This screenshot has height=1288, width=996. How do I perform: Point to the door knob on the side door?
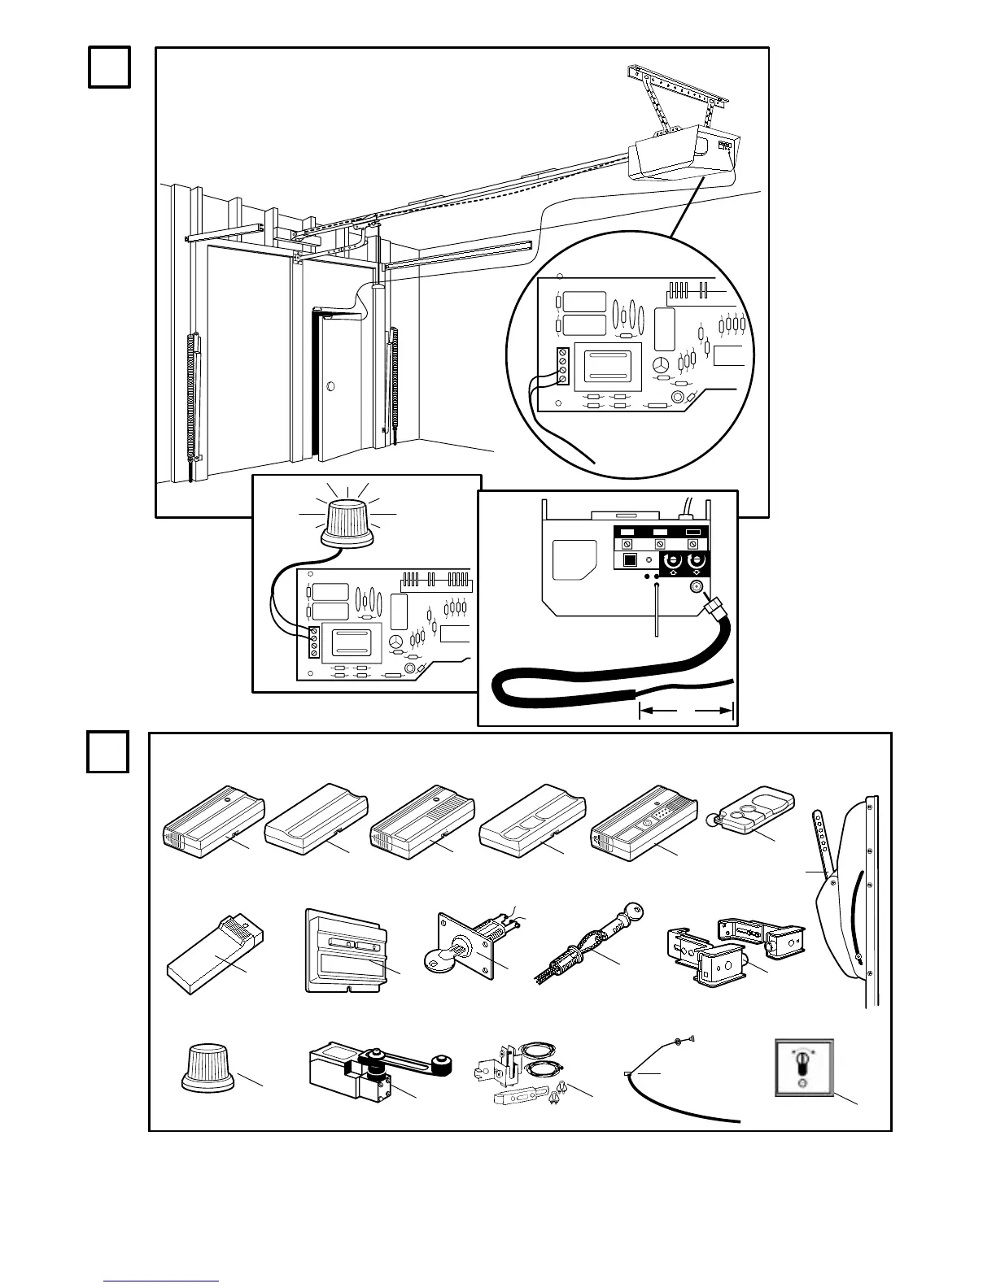click(x=330, y=385)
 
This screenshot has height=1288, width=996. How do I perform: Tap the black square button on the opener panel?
click(x=629, y=561)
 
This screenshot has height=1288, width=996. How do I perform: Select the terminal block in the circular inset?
click(x=561, y=367)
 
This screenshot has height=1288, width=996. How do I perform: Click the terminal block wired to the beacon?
click(x=313, y=642)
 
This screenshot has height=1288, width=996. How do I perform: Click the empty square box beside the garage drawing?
click(x=109, y=67)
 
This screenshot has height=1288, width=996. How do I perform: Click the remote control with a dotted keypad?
click(x=645, y=829)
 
